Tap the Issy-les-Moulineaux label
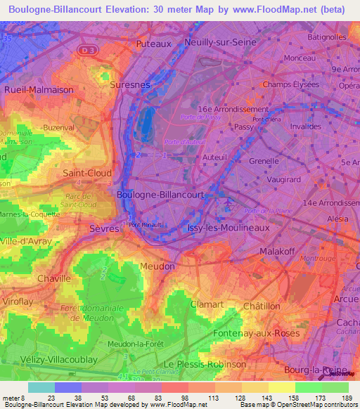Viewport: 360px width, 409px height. click(x=224, y=228)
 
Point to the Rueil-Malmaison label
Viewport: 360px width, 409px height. click(x=39, y=90)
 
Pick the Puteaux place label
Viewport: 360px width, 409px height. click(x=153, y=44)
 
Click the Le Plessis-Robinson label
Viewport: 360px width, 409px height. click(x=205, y=364)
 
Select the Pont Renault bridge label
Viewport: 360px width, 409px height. click(x=146, y=226)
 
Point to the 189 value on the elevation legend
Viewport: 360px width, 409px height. click(x=348, y=398)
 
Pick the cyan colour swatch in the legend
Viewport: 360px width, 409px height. click(x=41, y=387)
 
